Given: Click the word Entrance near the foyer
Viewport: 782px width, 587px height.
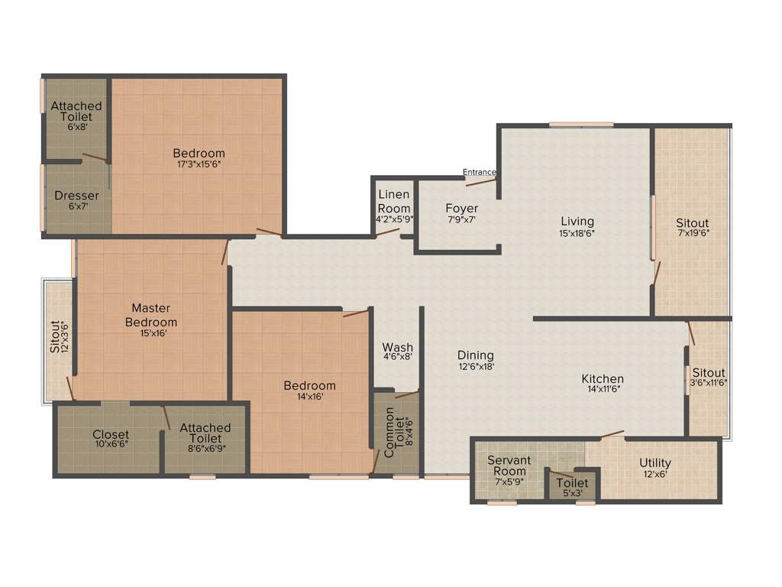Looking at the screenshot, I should (479, 172).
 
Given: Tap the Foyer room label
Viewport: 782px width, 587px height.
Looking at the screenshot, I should (461, 209).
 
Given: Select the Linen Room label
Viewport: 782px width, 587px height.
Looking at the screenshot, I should (394, 202).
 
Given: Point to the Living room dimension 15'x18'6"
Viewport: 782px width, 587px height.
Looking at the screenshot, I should (577, 234).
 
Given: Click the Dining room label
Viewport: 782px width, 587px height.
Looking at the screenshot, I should (475, 355).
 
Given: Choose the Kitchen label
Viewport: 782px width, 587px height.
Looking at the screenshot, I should (603, 379).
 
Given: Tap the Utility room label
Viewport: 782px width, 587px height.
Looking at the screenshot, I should (655, 463).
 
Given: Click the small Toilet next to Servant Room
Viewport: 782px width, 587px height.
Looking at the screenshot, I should (572, 483).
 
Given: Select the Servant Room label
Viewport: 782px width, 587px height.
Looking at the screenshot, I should (509, 465).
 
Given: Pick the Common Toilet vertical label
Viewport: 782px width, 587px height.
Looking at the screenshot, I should (389, 433).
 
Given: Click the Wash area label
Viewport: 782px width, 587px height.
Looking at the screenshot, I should (397, 348).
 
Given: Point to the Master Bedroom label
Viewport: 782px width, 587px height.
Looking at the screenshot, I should (150, 315).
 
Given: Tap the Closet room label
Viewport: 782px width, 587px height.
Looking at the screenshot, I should (111, 435).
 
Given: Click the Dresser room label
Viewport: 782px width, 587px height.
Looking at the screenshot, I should (76, 196).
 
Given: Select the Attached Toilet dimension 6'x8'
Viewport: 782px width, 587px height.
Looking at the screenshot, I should (76, 128).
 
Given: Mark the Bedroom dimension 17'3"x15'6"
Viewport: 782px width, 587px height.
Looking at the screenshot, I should (199, 164).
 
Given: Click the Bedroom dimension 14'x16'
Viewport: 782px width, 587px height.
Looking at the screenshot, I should (309, 397).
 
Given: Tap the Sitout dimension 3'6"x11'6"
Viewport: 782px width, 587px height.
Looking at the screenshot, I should (709, 383).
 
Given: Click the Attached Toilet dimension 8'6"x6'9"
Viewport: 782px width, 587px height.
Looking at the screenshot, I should (205, 449).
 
